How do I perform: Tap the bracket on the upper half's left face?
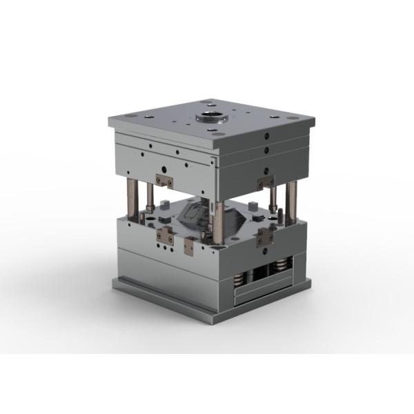[164, 181]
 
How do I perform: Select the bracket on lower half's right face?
[264, 237]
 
